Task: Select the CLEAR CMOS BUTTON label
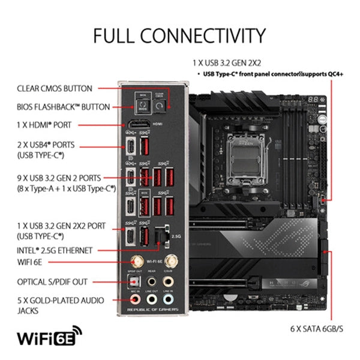55,88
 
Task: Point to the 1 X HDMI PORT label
44,125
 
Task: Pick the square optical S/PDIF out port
135,281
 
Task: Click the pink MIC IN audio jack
135,299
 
